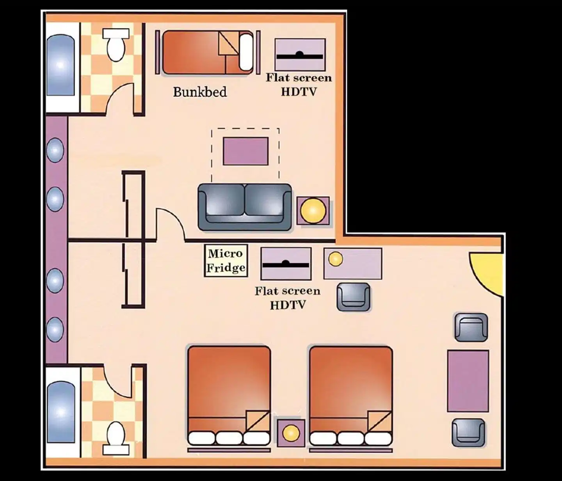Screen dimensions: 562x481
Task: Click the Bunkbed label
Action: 200,92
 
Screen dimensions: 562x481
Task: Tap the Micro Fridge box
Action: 226,261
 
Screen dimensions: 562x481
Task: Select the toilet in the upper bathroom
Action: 116,45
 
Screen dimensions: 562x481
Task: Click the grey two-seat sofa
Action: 245,208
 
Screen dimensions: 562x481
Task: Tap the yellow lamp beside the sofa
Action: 313,211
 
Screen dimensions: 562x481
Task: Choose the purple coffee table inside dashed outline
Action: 245,151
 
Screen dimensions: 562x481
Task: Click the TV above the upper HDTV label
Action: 300,55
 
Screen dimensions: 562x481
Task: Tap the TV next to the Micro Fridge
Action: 286,263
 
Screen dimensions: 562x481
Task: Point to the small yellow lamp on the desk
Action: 336,259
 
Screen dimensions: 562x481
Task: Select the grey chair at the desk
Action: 353,296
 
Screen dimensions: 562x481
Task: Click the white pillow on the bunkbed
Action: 246,51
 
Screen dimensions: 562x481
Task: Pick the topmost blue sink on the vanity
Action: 55,150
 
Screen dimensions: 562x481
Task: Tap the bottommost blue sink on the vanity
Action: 55,329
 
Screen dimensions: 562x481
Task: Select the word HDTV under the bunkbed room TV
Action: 299,92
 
